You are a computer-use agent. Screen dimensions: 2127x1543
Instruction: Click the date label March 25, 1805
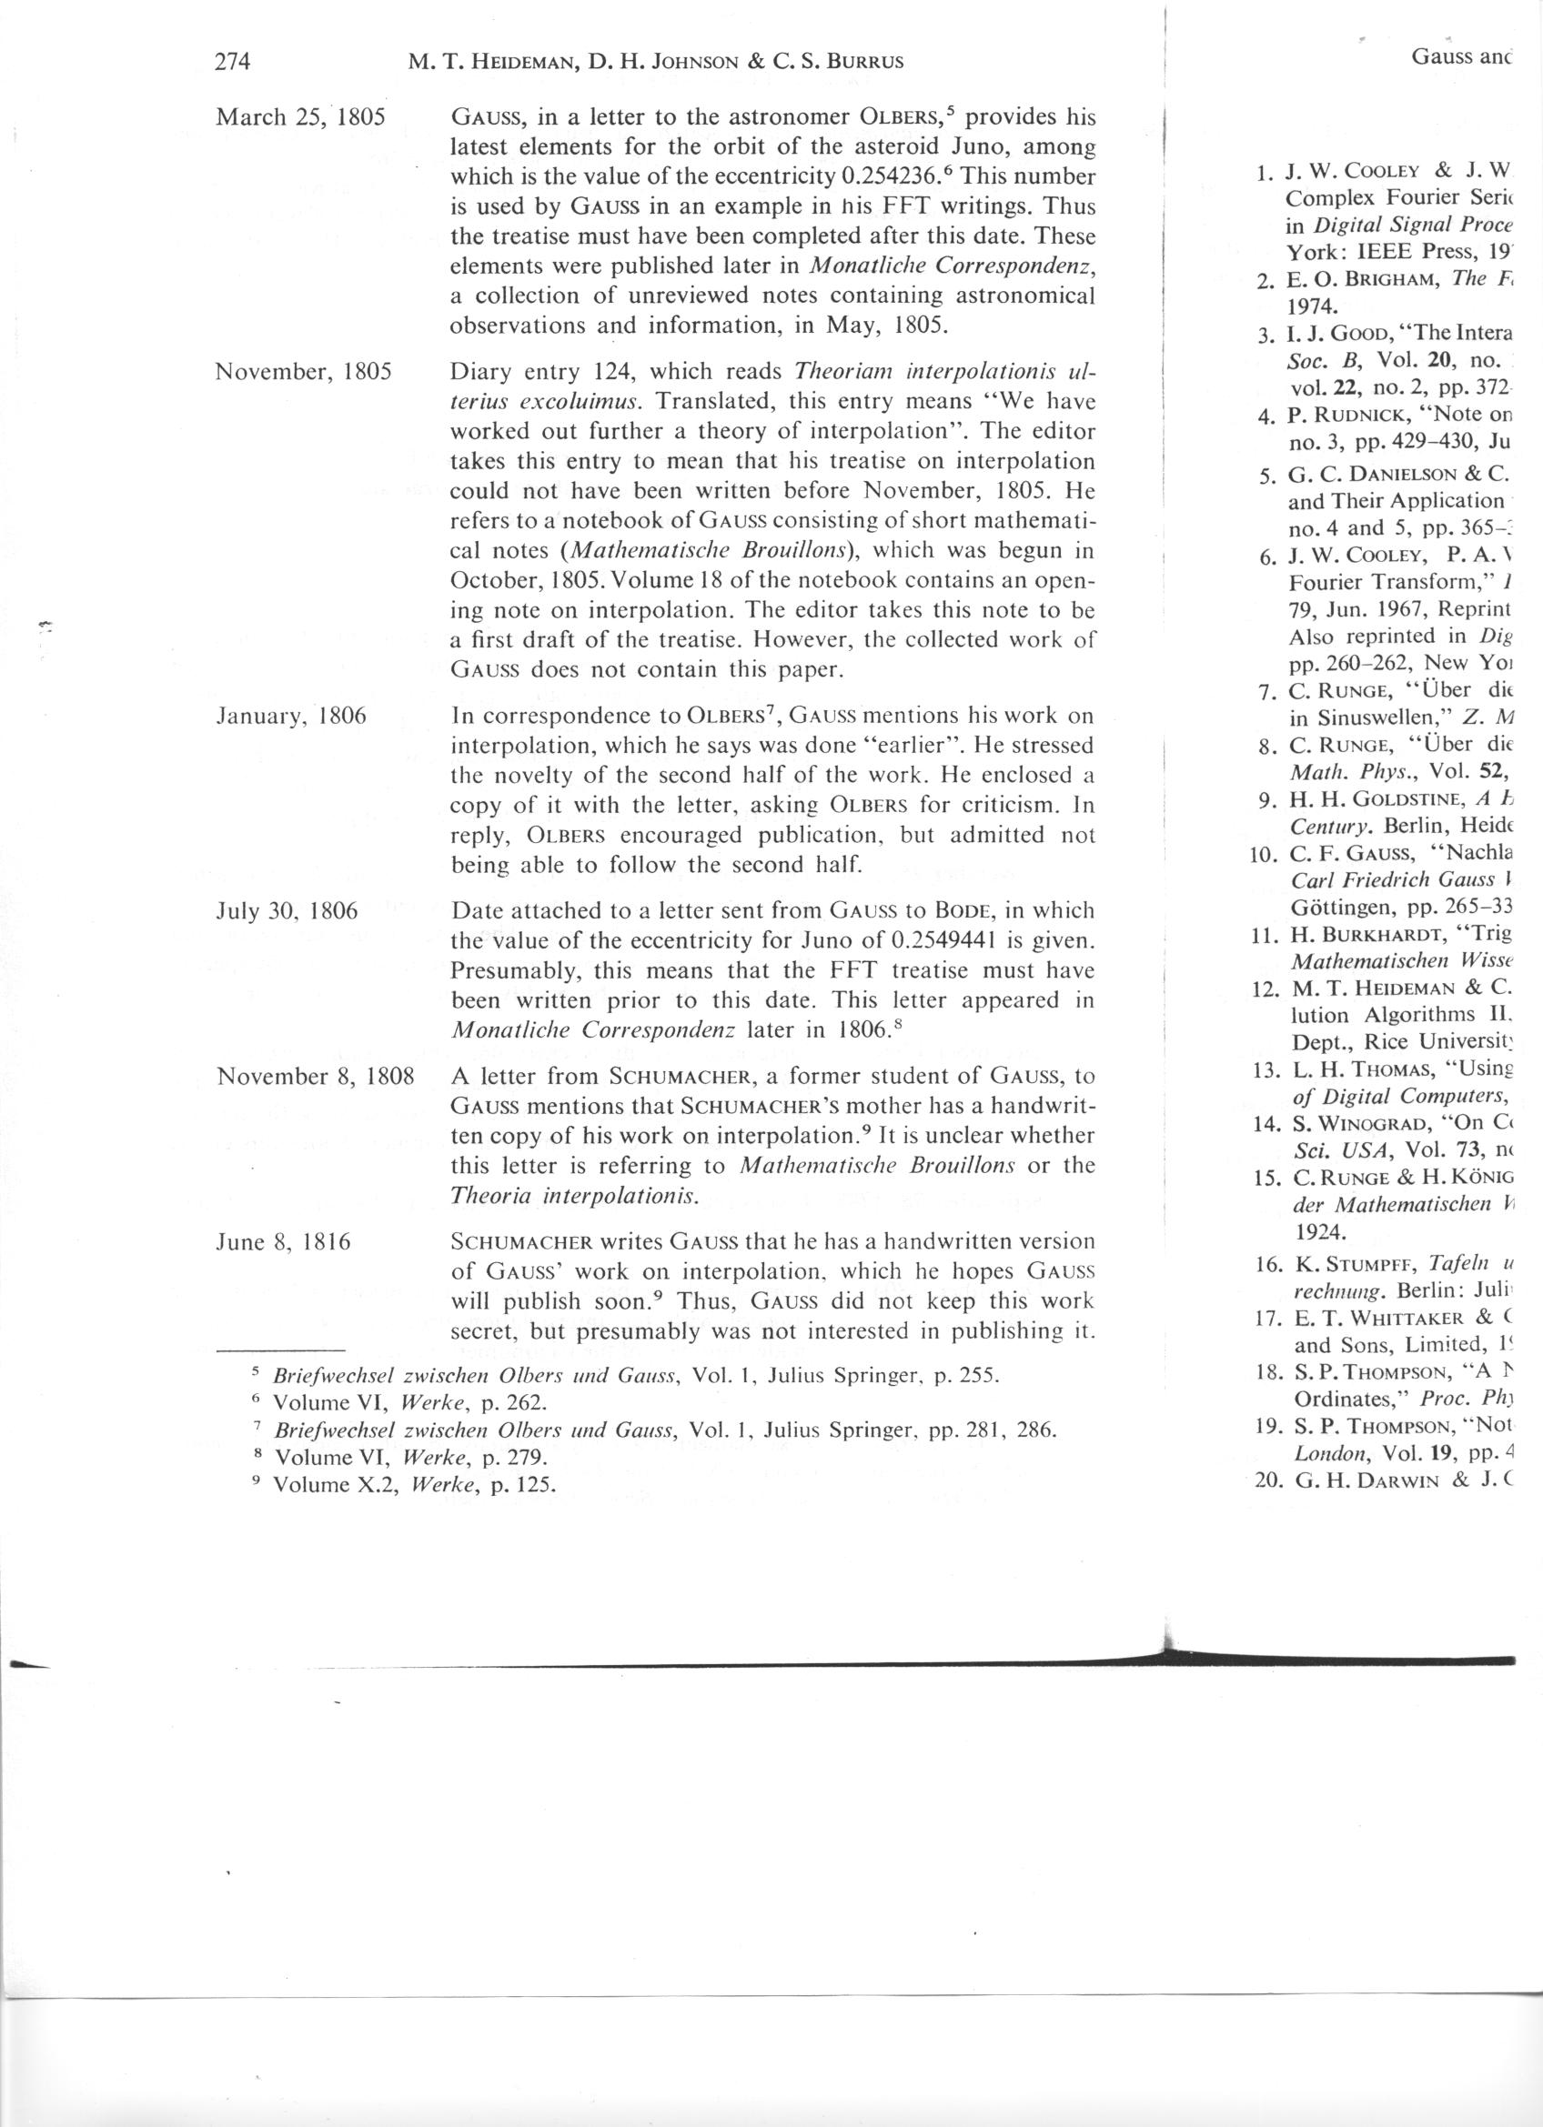(302, 118)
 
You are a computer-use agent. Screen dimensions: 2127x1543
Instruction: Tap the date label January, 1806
(292, 717)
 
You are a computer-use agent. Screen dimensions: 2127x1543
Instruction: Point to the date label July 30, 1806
(287, 910)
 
